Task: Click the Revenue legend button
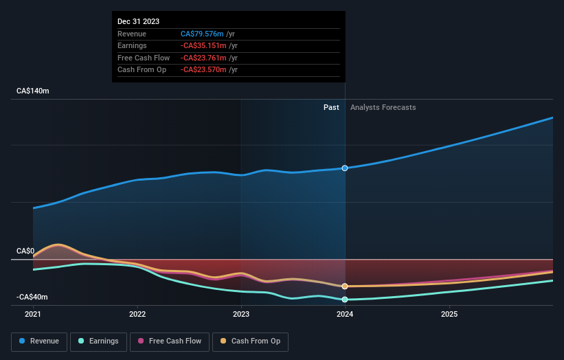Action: point(39,341)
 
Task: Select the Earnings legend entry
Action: point(98,341)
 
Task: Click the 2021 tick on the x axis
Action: point(33,314)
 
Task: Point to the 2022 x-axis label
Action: point(137,314)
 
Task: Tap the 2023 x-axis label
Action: point(241,314)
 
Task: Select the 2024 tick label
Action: point(345,314)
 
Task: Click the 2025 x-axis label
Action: point(449,314)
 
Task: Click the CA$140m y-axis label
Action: point(33,91)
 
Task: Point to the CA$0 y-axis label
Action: point(26,251)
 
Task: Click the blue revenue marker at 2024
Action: point(345,168)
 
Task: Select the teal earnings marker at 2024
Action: point(345,300)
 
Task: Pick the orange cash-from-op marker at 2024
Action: point(345,286)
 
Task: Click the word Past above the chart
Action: point(331,107)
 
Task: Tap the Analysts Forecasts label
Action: point(383,107)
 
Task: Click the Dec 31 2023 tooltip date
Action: point(138,21)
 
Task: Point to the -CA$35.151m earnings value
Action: point(205,46)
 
